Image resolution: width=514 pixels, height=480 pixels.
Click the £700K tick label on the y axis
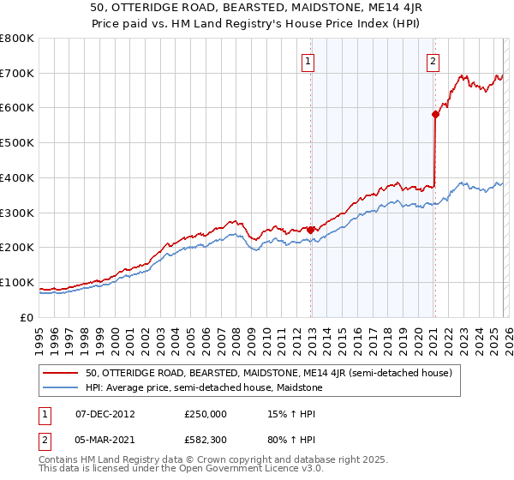(x=17, y=73)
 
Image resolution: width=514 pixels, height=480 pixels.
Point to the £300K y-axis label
(x=17, y=213)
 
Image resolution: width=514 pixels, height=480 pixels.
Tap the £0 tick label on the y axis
(x=27, y=317)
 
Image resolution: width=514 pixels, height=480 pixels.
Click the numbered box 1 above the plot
(x=308, y=61)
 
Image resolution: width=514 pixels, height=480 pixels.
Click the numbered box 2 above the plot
(x=433, y=61)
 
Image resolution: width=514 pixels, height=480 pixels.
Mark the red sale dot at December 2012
(x=310, y=230)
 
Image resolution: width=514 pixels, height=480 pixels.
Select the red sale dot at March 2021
(x=435, y=113)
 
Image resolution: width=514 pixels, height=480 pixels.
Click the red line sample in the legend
(x=62, y=373)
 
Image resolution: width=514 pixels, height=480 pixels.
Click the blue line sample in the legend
(x=62, y=388)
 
